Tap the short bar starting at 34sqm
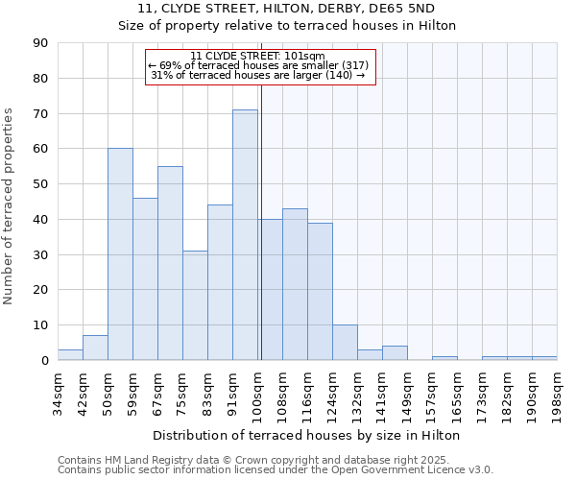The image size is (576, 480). click(x=70, y=355)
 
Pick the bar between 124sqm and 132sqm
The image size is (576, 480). click(x=345, y=343)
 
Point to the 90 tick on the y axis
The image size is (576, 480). click(x=42, y=43)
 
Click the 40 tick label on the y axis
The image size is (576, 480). click(x=42, y=220)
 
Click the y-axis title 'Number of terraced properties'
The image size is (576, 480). click(x=10, y=205)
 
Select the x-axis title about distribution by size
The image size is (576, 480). click(x=306, y=435)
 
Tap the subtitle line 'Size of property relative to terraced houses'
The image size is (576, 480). click(x=287, y=26)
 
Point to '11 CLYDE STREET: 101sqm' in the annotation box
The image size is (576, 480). click(x=258, y=56)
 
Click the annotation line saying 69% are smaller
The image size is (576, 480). click(x=258, y=65)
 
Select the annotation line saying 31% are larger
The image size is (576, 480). click(x=258, y=75)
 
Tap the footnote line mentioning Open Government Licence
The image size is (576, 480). click(x=275, y=469)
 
